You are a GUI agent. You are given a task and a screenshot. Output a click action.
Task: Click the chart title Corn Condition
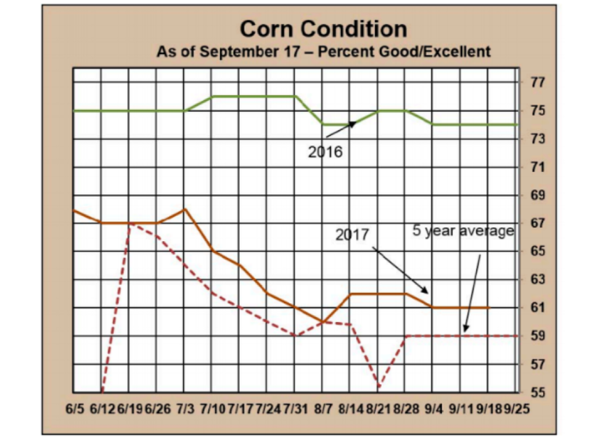323,29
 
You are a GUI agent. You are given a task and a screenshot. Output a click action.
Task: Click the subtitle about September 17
323,51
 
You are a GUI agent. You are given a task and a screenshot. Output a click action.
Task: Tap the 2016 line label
325,151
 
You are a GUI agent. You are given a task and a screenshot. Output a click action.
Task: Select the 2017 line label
352,235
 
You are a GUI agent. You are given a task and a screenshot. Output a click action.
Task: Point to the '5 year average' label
463,231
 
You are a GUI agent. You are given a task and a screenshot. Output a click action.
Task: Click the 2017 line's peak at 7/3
184,209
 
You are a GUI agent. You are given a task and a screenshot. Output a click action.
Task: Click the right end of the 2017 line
488,308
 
